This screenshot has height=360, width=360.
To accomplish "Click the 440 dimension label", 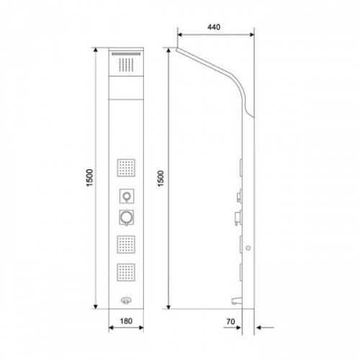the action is coord(214,27).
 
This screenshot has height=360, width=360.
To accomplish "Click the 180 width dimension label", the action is coord(126,321).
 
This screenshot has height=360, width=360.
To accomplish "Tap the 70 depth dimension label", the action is coord(230,321).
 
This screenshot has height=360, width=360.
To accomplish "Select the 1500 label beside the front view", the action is coord(89,178).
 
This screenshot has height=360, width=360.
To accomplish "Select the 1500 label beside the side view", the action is coord(161,179).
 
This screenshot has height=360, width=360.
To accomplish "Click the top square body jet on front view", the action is coord(126,168).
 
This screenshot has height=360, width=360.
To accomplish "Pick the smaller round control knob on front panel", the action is coord(127,196).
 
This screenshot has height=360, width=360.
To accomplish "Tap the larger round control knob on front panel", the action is coord(126,217).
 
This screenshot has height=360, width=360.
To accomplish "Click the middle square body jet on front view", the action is coord(126,245).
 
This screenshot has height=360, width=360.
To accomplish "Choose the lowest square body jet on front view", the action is coord(126,272).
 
